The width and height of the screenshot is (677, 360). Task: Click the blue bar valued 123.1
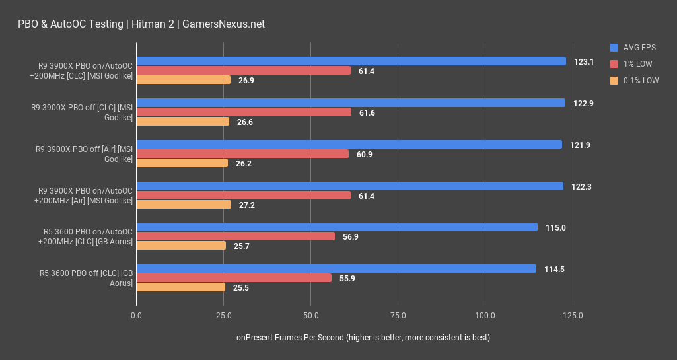[351, 61]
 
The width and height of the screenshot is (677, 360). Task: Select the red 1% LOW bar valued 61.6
[244, 112]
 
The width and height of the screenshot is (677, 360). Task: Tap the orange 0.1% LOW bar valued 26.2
[182, 163]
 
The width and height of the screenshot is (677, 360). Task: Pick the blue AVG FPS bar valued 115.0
[337, 227]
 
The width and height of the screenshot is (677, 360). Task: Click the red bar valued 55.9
[234, 278]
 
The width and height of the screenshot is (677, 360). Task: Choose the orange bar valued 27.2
[184, 205]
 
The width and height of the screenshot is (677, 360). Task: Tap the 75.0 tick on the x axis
[398, 316]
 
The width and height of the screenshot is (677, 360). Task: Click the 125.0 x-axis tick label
[573, 316]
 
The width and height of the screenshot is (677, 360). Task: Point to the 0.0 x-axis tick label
[137, 316]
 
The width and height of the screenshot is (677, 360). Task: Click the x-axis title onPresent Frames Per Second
[363, 338]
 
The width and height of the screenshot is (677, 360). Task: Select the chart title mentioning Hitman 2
[141, 24]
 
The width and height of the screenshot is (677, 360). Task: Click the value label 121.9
[580, 145]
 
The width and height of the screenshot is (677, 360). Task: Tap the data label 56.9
[351, 236]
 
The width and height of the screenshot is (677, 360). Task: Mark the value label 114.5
[554, 269]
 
